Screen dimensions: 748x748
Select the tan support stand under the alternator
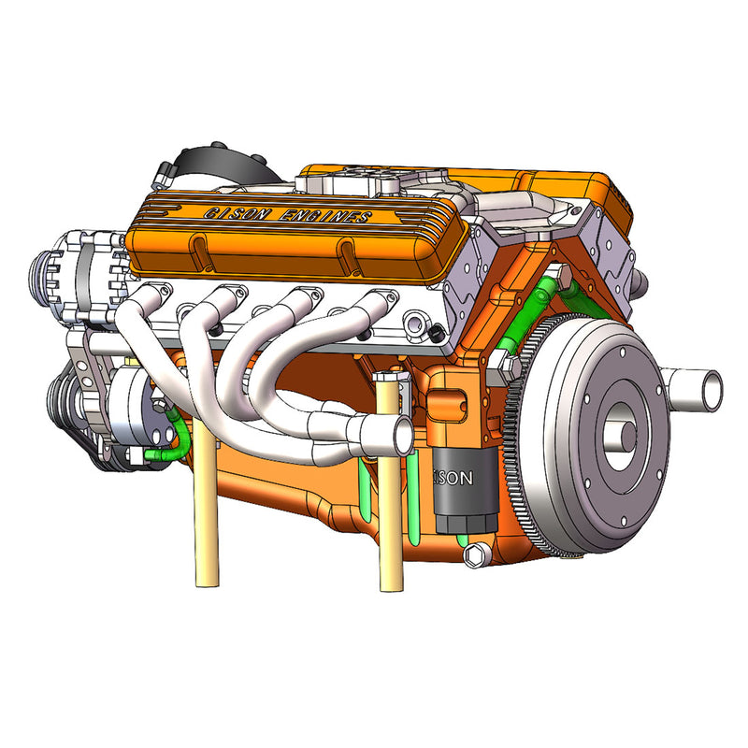pyautogui.click(x=206, y=524)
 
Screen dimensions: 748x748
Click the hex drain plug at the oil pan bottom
pyautogui.click(x=475, y=555)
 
